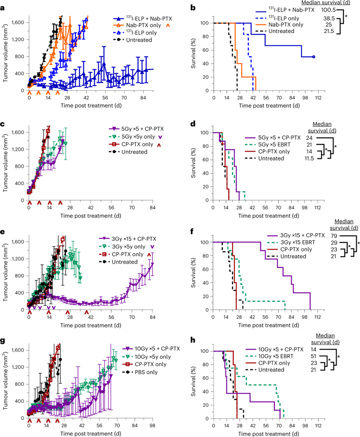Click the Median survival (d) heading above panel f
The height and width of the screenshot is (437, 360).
tap(343, 224)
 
